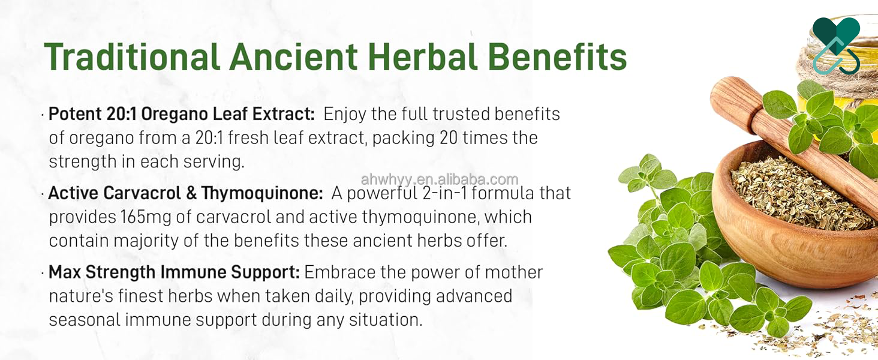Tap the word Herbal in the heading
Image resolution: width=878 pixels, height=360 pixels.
(x=423, y=56)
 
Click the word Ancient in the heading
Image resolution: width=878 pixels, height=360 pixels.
(x=294, y=56)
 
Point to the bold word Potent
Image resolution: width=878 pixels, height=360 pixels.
(x=74, y=114)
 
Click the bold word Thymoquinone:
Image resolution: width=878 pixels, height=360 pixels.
(x=262, y=193)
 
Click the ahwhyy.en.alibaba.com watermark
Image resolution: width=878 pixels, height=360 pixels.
(x=440, y=179)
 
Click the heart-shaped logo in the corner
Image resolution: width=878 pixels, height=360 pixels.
(x=836, y=46)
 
